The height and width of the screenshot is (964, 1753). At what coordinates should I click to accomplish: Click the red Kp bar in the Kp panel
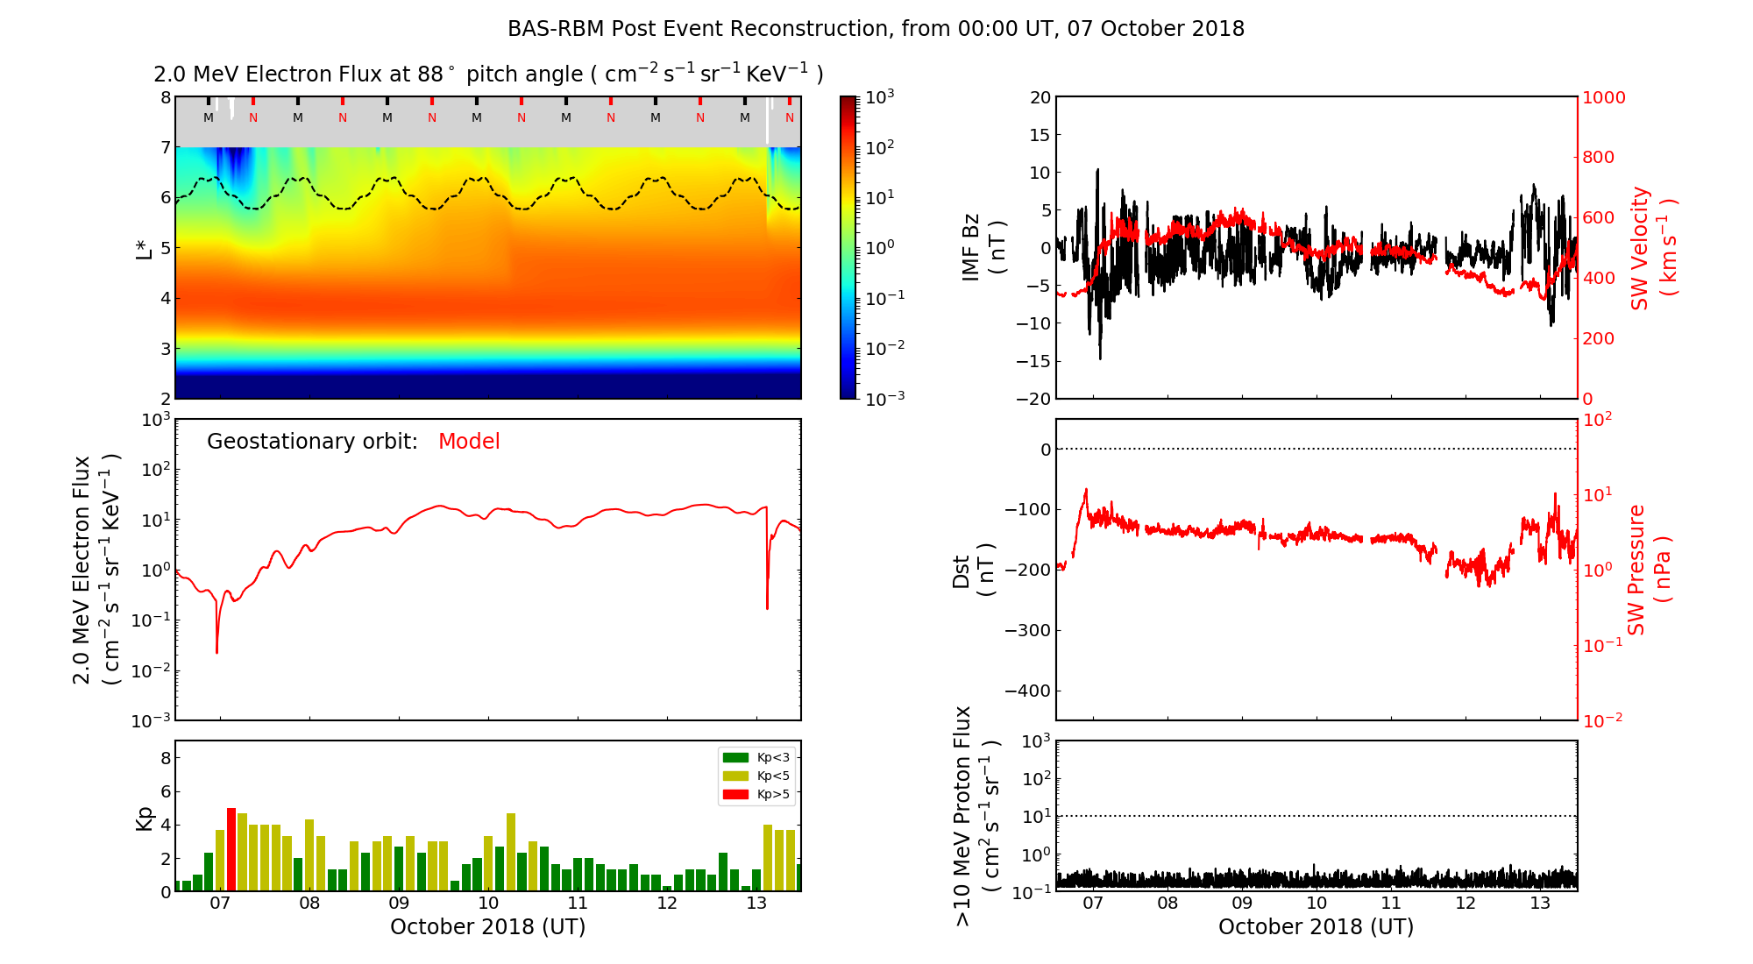click(231, 849)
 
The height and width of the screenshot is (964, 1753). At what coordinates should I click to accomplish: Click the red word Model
click(469, 442)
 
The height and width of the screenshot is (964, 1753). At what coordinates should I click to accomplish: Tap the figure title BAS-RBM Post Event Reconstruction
click(876, 29)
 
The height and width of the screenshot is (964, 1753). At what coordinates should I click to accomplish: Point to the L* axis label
click(144, 247)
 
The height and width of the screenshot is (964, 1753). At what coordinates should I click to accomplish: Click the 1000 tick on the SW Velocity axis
click(1603, 97)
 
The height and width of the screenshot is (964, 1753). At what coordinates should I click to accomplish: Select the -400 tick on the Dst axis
click(1027, 691)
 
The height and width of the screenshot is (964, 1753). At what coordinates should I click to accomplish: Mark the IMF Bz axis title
click(983, 248)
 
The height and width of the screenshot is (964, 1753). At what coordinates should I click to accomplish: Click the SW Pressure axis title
click(1649, 570)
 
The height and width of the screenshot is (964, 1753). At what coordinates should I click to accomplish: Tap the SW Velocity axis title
click(1652, 248)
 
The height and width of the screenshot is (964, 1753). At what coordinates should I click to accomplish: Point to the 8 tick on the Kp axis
click(165, 758)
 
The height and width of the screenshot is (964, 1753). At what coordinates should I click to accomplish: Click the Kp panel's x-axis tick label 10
click(488, 904)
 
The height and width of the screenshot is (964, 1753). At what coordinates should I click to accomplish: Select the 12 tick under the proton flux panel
click(1466, 904)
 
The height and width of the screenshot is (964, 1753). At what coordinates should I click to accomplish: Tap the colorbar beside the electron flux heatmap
click(848, 247)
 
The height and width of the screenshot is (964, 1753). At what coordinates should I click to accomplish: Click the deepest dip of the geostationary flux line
click(217, 651)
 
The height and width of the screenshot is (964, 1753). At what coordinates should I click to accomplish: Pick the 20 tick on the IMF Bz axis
click(1040, 97)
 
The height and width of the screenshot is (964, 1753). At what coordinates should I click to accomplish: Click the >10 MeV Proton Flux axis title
click(976, 816)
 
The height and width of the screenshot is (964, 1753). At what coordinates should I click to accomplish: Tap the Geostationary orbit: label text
click(312, 442)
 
